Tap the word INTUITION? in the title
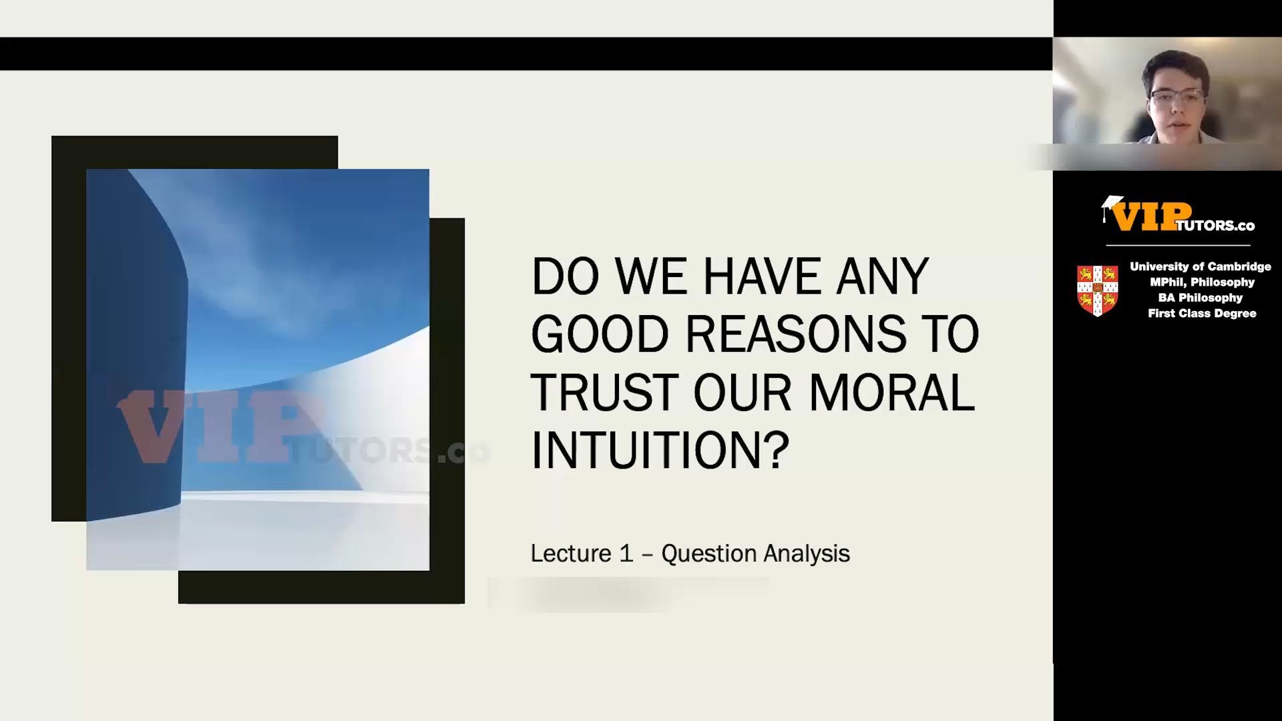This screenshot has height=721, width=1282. [x=660, y=450]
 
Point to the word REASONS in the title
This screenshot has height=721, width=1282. [x=796, y=334]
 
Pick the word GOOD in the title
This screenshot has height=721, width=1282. [x=600, y=334]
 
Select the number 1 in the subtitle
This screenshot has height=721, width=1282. [x=626, y=553]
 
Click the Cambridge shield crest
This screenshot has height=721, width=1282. [x=1098, y=290]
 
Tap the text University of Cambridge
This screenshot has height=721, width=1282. [x=1201, y=266]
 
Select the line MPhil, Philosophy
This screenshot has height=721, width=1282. [x=1202, y=282]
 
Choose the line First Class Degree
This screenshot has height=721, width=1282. [x=1202, y=313]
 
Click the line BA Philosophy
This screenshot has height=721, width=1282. [x=1201, y=298]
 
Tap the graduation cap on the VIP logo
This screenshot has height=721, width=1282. [x=1112, y=206]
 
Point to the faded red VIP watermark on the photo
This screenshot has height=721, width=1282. [x=220, y=425]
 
